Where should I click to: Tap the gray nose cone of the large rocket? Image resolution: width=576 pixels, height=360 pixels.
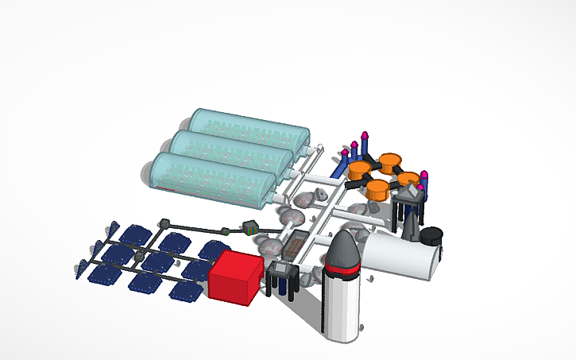point(344,250)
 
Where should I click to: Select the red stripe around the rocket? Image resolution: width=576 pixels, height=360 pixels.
point(343,273)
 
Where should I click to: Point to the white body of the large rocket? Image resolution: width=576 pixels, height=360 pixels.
point(342,306)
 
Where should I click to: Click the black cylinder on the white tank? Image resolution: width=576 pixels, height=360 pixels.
point(431,236)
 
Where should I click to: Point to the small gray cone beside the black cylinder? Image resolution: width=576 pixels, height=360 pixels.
point(411,227)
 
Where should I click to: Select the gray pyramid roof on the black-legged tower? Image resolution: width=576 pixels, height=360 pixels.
point(409,193)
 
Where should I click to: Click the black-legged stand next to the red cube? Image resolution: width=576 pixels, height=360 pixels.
point(282,277)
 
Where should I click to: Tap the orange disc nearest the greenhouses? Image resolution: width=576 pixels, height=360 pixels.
point(359,169)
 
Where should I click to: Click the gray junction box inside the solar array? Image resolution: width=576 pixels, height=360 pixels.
point(140,256)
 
